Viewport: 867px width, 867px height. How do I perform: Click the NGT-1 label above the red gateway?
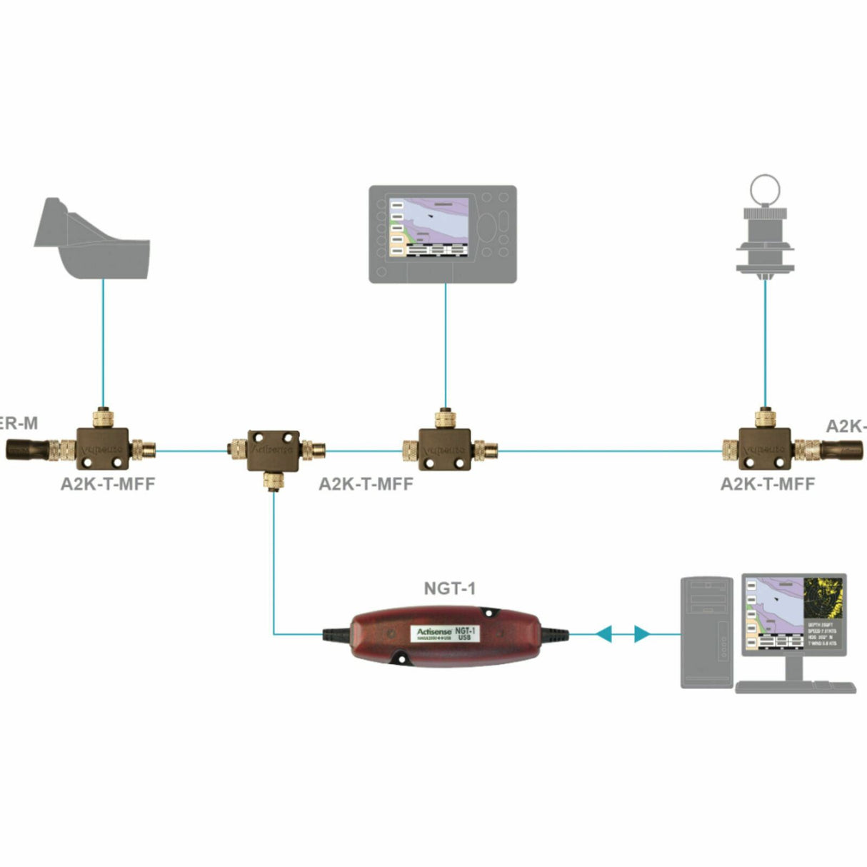[x=449, y=588]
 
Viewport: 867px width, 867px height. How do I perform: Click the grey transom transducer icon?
[x=94, y=239]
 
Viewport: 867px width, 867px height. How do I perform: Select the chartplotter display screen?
[x=429, y=227]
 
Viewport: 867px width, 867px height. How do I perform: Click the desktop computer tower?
[x=706, y=631]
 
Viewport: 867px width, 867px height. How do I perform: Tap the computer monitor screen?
[x=793, y=613]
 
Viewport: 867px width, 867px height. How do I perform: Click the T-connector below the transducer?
[x=103, y=448]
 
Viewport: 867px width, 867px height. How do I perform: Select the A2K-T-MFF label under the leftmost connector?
[x=108, y=483]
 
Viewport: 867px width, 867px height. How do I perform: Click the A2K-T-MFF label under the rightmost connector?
[x=767, y=483]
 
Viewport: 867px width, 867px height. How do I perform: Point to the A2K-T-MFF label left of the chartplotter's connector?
[x=366, y=483]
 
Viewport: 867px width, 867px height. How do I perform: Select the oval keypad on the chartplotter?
[x=488, y=228]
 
